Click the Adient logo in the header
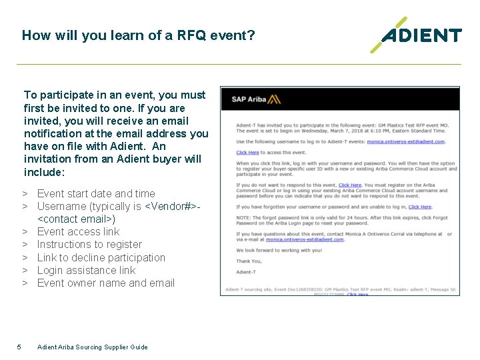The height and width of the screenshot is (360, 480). click(x=417, y=35)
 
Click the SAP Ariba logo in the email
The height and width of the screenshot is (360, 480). click(x=256, y=100)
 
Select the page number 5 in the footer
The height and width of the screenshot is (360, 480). click(x=19, y=346)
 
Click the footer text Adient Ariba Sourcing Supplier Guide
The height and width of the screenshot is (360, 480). click(x=93, y=347)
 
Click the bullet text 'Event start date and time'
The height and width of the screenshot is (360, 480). click(x=96, y=193)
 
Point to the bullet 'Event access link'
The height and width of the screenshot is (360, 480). click(x=78, y=231)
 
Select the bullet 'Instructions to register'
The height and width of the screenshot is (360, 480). click(x=89, y=244)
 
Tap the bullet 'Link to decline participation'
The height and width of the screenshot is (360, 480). click(x=101, y=257)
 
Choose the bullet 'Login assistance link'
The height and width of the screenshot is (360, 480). click(x=86, y=270)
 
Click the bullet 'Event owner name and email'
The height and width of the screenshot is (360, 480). click(x=105, y=283)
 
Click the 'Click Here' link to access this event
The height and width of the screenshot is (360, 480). click(x=247, y=153)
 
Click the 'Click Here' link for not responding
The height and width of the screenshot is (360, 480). click(x=350, y=185)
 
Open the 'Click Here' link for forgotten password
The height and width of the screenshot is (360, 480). click(x=420, y=207)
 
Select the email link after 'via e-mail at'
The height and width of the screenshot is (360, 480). click(x=303, y=239)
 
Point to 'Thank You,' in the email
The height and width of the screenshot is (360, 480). click(x=248, y=261)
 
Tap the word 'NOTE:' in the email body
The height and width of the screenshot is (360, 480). click(x=243, y=218)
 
